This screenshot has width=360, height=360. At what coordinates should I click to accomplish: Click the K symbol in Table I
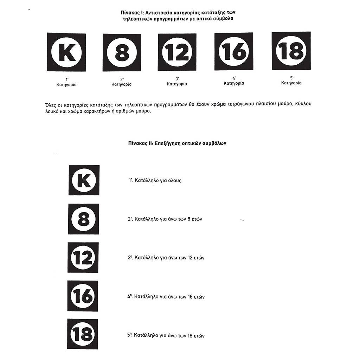[66, 52]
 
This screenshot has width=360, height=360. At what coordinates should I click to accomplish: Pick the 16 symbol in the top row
[233, 51]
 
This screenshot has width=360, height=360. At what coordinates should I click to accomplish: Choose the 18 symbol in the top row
[291, 51]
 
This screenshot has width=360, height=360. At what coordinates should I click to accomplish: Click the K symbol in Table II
[84, 180]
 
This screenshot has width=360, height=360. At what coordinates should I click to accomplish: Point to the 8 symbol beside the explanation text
[83, 219]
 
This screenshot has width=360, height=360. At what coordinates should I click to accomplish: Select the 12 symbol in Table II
[83, 258]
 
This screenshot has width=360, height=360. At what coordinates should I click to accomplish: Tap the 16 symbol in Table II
[83, 296]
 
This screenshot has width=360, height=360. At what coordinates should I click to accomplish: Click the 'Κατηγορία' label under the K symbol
[66, 85]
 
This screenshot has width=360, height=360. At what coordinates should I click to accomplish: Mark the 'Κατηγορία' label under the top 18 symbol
[291, 83]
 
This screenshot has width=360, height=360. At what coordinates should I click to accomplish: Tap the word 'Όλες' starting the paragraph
[52, 104]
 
